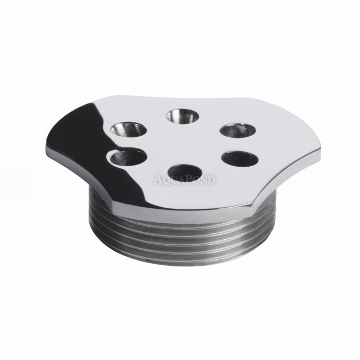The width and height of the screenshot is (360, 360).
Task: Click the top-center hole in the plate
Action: point(182,116)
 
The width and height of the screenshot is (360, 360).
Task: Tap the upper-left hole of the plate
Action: point(128,130)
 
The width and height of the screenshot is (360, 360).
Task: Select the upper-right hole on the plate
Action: point(238,130)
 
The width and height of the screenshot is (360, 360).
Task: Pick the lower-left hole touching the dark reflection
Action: point(127,157)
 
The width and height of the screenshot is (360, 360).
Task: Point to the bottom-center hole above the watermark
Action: point(184,171)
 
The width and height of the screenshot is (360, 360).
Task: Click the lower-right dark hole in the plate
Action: point(240,159)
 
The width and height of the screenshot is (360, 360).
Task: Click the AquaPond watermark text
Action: point(185,179)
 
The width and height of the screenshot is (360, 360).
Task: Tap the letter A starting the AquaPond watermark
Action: point(157,179)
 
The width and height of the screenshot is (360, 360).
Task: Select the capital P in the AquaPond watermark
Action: point(192,179)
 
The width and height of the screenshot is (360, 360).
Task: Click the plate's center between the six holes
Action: point(184,144)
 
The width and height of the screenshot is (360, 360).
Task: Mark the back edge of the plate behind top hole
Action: point(182,98)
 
